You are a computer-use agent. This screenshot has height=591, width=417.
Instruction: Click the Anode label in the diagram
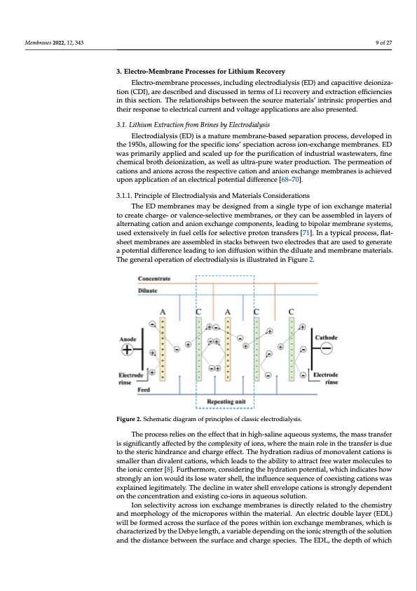click(x=128, y=338)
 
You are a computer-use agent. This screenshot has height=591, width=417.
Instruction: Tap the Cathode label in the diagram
click(x=327, y=338)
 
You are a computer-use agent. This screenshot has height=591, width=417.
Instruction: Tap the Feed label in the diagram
click(x=144, y=389)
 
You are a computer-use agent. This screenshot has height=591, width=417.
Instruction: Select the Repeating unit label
click(x=226, y=401)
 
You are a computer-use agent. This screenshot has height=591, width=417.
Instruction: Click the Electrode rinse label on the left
click(x=130, y=378)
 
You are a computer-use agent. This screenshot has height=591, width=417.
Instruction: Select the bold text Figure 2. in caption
click(x=131, y=420)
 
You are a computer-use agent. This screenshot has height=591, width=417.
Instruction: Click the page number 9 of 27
click(x=383, y=44)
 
